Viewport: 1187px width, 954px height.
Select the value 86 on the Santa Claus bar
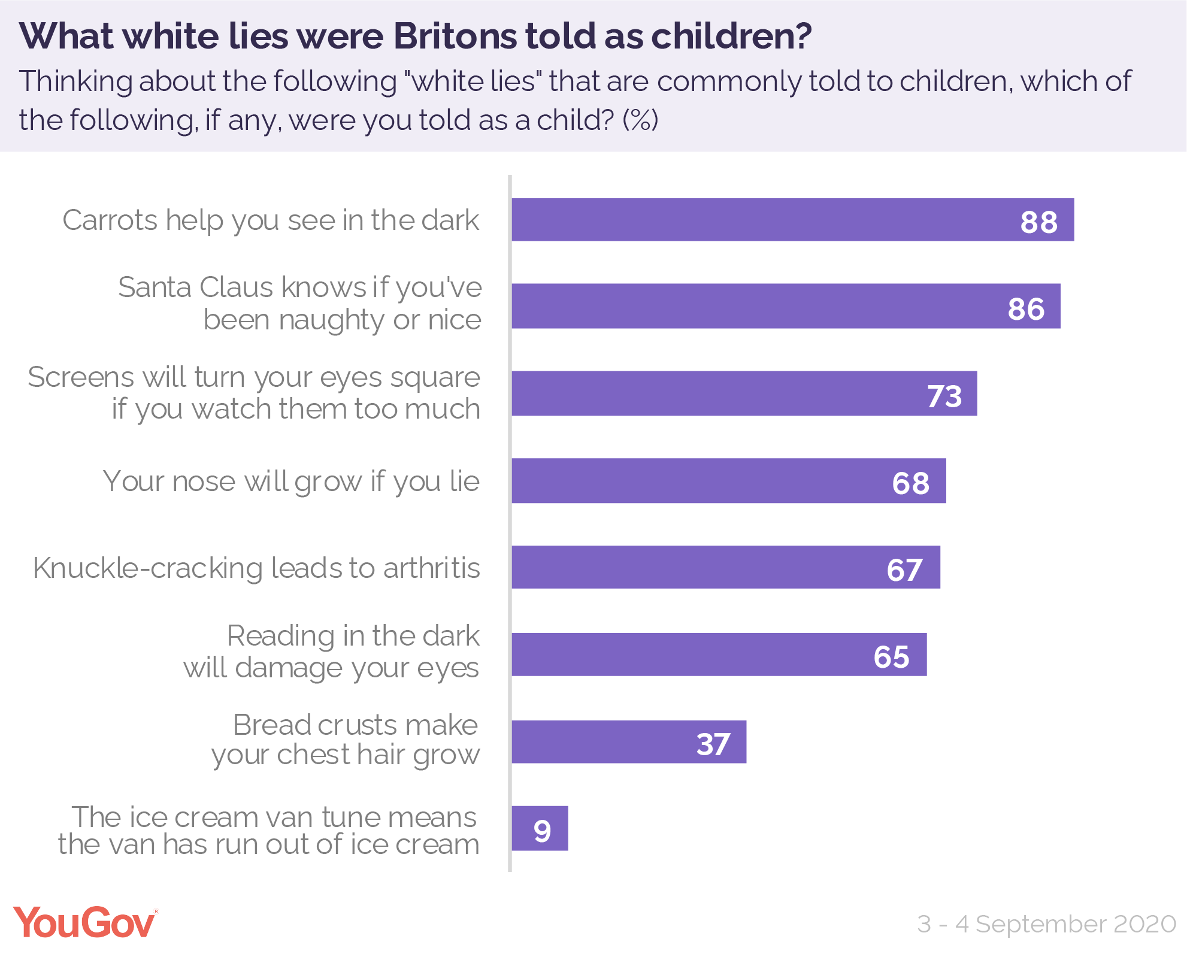[x=1026, y=309]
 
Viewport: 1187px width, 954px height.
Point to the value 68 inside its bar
[x=910, y=483]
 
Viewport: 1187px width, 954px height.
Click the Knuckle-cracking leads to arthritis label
[x=256, y=568]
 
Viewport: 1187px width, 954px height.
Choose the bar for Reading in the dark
[x=719, y=655]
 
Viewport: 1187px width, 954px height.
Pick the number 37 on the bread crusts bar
[x=713, y=744]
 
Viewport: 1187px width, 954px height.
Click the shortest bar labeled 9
[x=540, y=829]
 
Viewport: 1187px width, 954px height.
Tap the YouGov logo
[x=84, y=922]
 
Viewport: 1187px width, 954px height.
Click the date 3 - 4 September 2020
[x=1046, y=923]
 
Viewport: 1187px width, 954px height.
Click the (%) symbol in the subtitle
[x=640, y=120]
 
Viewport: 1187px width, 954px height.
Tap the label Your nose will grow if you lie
[x=291, y=481]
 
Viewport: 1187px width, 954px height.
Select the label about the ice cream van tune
[x=269, y=831]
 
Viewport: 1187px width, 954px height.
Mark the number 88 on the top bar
[x=1038, y=222]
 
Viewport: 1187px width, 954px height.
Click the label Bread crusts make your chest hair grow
[x=346, y=740]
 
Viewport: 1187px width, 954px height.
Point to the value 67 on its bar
[x=904, y=570]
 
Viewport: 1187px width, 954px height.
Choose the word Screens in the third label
[x=81, y=377]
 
